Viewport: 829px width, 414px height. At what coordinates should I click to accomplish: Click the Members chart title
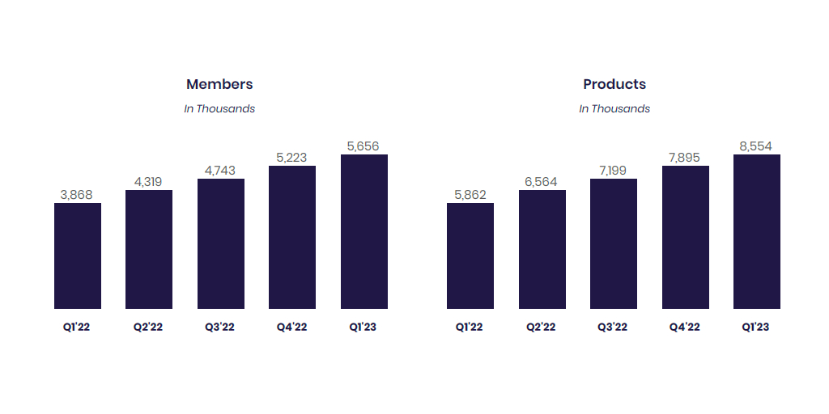[x=219, y=84]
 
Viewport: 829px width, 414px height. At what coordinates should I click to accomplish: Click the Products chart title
[x=614, y=84]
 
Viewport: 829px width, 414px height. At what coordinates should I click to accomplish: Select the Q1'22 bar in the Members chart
[x=78, y=256]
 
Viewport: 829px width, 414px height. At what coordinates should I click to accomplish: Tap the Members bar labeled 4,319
[x=149, y=249]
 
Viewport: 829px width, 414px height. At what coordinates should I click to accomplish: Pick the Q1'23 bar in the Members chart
[x=363, y=231]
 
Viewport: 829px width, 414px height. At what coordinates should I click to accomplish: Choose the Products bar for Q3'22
[x=614, y=243]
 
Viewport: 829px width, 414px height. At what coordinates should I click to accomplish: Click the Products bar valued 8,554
[x=757, y=231]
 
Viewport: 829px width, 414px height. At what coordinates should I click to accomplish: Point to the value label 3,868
[x=78, y=195]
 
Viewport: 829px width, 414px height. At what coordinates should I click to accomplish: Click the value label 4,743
[x=221, y=171]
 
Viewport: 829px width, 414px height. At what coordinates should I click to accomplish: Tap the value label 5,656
[x=363, y=146]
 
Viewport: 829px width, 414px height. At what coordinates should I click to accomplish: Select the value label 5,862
[x=470, y=195]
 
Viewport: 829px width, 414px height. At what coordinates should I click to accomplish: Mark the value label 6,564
[x=542, y=182]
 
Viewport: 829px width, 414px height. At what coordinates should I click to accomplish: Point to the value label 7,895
[x=685, y=158]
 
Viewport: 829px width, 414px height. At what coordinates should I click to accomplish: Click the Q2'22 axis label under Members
[x=149, y=327]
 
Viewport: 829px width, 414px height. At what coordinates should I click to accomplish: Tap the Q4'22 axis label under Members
[x=291, y=327]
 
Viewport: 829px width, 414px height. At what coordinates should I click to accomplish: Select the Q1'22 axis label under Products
[x=470, y=327]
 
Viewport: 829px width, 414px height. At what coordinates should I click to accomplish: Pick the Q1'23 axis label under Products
[x=756, y=327]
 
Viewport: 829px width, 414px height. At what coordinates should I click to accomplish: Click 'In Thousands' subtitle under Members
[x=219, y=109]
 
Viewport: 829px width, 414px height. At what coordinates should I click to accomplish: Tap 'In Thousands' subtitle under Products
[x=614, y=109]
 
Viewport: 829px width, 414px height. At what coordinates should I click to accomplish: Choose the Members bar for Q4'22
[x=292, y=237]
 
